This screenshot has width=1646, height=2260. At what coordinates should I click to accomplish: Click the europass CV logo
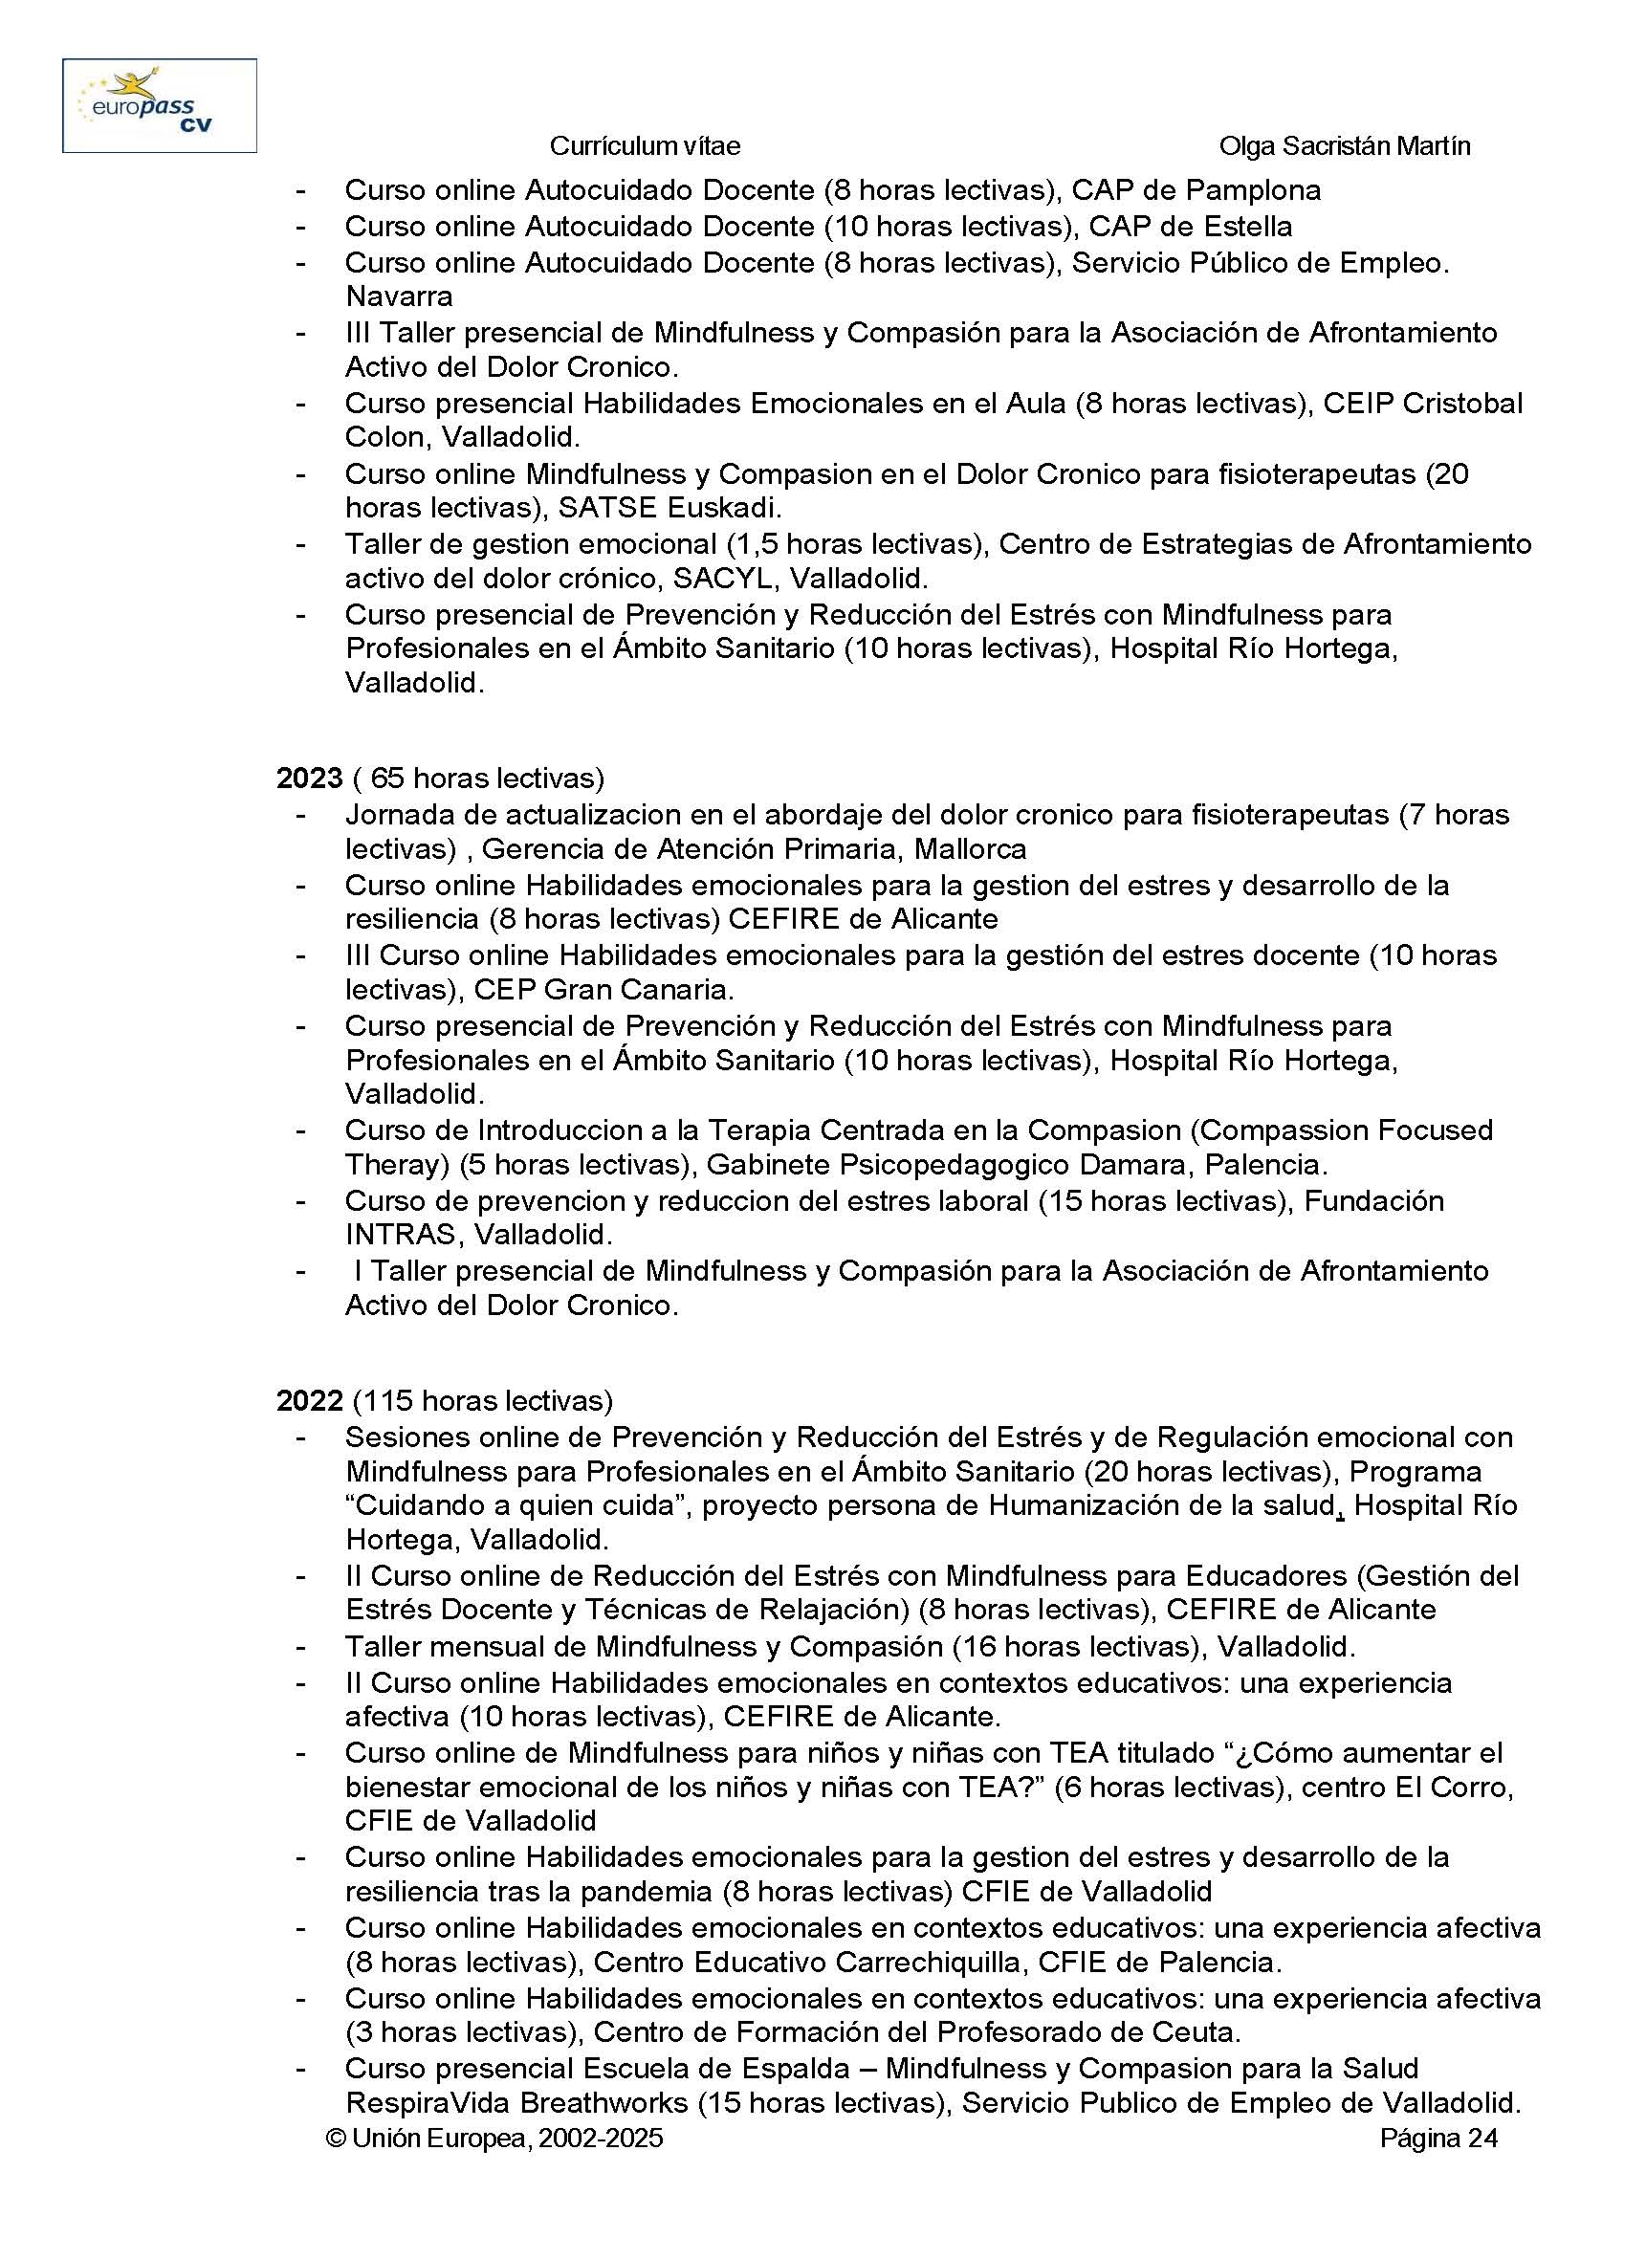coord(160,105)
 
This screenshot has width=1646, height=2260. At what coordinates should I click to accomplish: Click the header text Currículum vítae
coord(645,146)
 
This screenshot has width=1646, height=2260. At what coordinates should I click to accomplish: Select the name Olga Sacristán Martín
coord(1344,146)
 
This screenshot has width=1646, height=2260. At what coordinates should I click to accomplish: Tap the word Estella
coord(1245,227)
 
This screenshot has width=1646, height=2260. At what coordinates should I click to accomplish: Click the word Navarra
coord(399,296)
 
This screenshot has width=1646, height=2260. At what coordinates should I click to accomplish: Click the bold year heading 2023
coord(310,779)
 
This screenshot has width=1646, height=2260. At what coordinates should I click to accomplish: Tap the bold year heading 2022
coord(310,1401)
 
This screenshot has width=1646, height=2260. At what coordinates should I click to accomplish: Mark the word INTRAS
coord(401,1235)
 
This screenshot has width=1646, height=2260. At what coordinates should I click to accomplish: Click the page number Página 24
coord(1438,2139)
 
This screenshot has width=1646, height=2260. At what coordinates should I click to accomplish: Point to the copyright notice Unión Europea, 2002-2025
coord(494,2139)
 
